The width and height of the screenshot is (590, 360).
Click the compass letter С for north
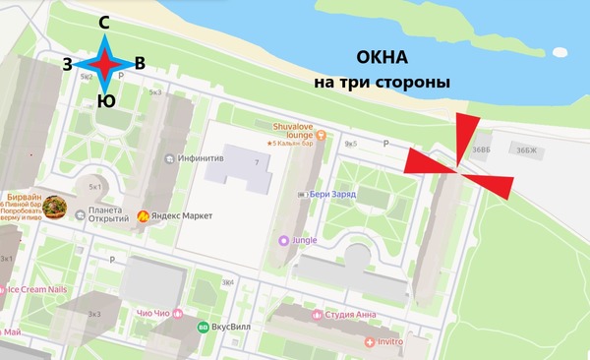[104, 22]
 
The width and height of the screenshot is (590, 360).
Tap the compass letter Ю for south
[105, 100]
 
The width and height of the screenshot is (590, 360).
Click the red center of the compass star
[104, 63]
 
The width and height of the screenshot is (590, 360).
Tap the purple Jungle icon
[285, 239]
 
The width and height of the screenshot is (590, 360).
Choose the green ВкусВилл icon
[204, 328]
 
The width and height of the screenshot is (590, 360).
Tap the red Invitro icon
[370, 340]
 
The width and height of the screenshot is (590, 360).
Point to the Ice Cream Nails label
[37, 290]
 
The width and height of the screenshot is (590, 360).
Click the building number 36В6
[480, 150]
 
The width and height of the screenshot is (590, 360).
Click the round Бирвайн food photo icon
[59, 208]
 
